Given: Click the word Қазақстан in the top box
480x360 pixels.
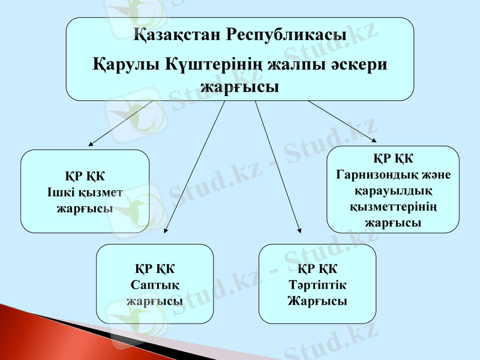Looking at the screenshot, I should pos(176,35).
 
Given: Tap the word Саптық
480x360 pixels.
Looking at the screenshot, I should pos(155,284).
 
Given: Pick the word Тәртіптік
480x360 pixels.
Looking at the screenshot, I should pos(317,284).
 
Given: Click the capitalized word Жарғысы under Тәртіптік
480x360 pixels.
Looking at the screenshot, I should pos(317,300).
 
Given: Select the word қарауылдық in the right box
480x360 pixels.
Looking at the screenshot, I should pos(392,191).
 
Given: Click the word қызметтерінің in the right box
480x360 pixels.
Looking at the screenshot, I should pos(392,207).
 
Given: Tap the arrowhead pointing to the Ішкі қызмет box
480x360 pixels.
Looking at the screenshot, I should pos(91,144).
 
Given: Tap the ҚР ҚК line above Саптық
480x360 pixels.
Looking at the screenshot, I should pos(155,268).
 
